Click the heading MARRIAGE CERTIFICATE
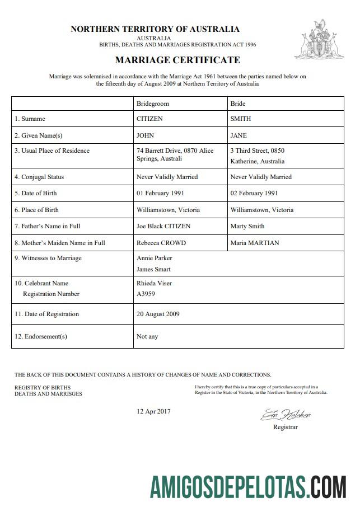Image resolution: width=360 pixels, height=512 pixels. (x=177, y=60)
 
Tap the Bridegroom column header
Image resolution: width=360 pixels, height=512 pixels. (x=152, y=104)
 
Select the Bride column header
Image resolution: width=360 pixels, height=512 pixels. (x=238, y=104)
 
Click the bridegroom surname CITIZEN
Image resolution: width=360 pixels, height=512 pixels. (x=149, y=119)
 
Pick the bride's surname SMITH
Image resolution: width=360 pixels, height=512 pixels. (x=241, y=119)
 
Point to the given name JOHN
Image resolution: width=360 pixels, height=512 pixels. (x=145, y=135)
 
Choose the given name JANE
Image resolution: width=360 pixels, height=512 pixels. (x=239, y=135)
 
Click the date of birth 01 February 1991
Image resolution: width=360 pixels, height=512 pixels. (x=160, y=193)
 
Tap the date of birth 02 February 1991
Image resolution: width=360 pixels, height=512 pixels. (x=254, y=193)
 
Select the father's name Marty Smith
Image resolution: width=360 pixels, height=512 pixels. (x=247, y=226)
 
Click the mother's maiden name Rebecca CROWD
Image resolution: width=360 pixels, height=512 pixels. (x=161, y=243)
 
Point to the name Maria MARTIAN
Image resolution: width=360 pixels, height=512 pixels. (x=255, y=243)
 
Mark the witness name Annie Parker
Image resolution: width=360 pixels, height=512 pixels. (x=155, y=258)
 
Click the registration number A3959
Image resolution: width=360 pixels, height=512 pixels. (x=146, y=294)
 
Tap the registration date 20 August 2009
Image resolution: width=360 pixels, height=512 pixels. (x=158, y=314)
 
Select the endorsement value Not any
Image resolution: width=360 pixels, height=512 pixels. (x=147, y=336)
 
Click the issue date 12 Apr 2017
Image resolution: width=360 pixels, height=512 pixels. (x=153, y=411)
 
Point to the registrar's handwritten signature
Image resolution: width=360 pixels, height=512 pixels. (x=285, y=415)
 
